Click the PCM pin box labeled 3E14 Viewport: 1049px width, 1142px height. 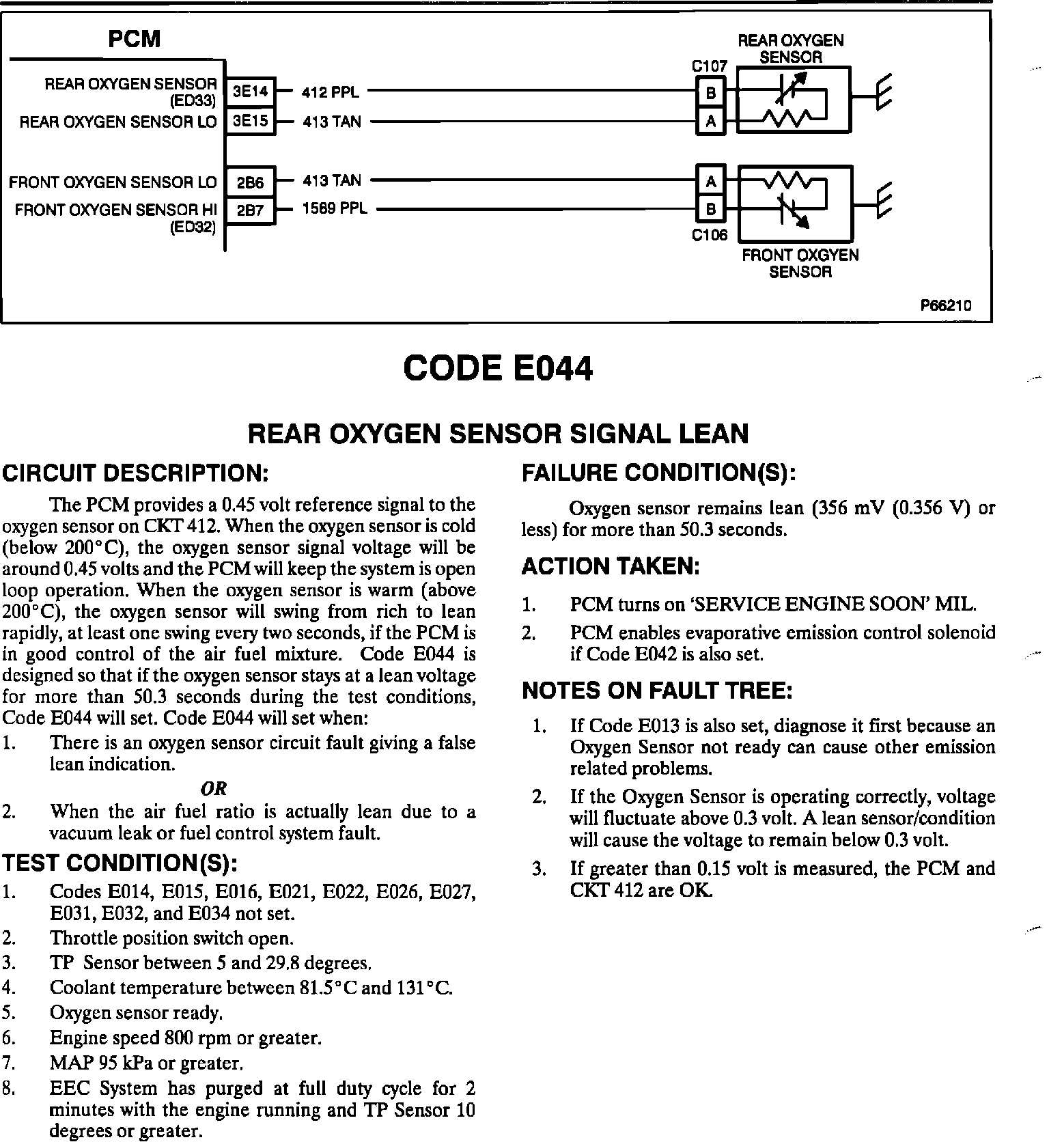(250, 92)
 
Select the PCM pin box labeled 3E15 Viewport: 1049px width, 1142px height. (250, 122)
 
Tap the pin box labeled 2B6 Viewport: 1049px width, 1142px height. (250, 182)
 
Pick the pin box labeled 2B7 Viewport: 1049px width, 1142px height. (250, 210)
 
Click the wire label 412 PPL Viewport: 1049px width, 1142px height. (331, 92)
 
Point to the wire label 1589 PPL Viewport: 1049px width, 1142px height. (335, 208)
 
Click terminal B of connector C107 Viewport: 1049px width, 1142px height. (711, 92)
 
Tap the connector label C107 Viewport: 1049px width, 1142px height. (710, 67)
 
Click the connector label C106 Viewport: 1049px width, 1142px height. (710, 235)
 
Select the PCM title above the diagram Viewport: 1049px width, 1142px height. (134, 40)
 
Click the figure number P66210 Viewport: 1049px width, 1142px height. (945, 305)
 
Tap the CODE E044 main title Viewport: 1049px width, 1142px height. (498, 370)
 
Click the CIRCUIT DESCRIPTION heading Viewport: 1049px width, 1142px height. (136, 473)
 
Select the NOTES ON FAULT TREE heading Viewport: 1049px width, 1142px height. (657, 691)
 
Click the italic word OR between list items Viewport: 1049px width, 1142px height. (214, 788)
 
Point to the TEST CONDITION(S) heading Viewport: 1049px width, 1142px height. (120, 863)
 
